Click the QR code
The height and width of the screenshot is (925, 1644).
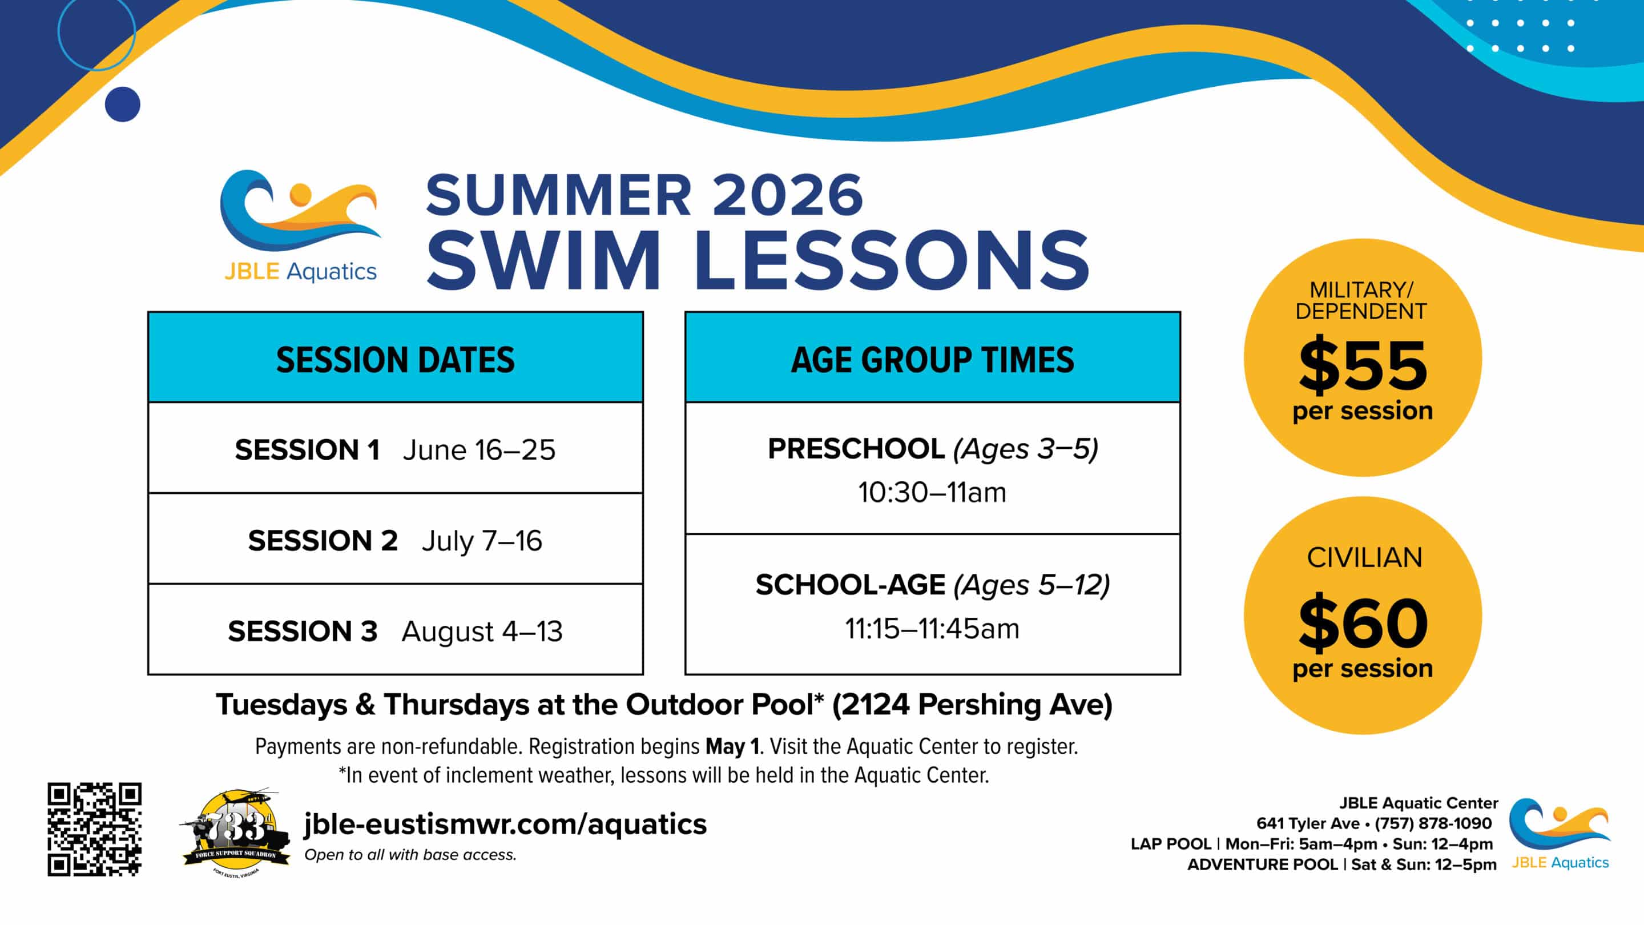pyautogui.click(x=94, y=829)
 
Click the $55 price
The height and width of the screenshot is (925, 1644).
pyautogui.click(x=1363, y=365)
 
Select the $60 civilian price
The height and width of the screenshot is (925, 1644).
pyautogui.click(x=1363, y=622)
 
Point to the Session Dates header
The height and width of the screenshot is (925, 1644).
pyautogui.click(x=395, y=359)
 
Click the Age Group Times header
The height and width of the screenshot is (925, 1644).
pyautogui.click(x=932, y=359)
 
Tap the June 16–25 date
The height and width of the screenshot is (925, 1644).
pyautogui.click(x=479, y=450)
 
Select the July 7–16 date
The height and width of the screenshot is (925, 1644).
pyautogui.click(x=482, y=541)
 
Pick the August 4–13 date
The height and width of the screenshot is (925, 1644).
pyautogui.click(x=482, y=632)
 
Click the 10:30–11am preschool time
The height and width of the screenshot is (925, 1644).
pyautogui.click(x=932, y=492)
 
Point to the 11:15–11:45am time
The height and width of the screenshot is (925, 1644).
pyautogui.click(x=932, y=629)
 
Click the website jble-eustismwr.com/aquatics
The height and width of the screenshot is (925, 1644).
pyautogui.click(x=505, y=824)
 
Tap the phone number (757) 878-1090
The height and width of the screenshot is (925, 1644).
pyautogui.click(x=1433, y=823)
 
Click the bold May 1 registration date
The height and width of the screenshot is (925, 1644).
pyautogui.click(x=732, y=746)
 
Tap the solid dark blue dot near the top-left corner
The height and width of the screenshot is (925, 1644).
pyautogui.click(x=123, y=104)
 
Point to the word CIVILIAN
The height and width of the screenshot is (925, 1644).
pyautogui.click(x=1364, y=557)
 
